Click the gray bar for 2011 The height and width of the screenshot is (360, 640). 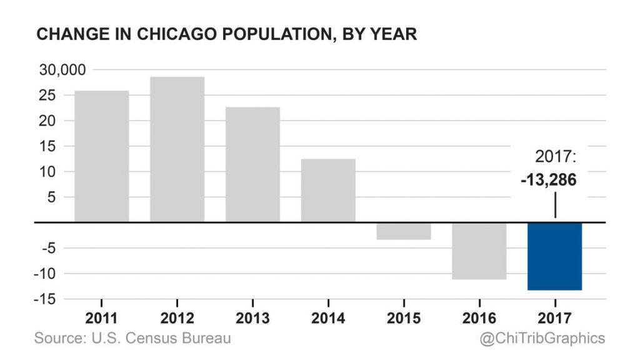(x=101, y=156)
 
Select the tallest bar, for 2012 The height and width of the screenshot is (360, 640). (x=177, y=149)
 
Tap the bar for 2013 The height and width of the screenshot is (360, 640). (x=252, y=164)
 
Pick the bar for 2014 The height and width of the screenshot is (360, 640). (x=328, y=191)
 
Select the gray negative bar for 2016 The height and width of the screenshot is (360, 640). (x=479, y=251)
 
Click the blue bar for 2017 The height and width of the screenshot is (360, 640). (x=555, y=256)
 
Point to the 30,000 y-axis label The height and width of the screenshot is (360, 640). (x=62, y=70)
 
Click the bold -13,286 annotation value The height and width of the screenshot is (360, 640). (x=548, y=180)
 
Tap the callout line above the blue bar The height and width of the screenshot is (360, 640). (x=555, y=205)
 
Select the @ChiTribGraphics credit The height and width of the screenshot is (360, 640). (x=542, y=338)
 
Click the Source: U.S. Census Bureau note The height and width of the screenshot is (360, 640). (x=132, y=338)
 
